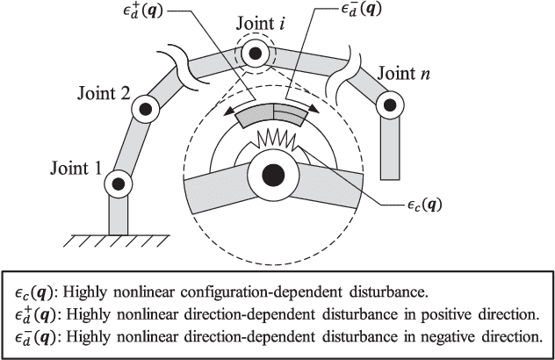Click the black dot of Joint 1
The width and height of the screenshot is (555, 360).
coord(117,184)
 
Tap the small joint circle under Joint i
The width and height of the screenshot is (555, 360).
coord(256,55)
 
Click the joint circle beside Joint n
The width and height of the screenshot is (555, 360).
coord(387,104)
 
